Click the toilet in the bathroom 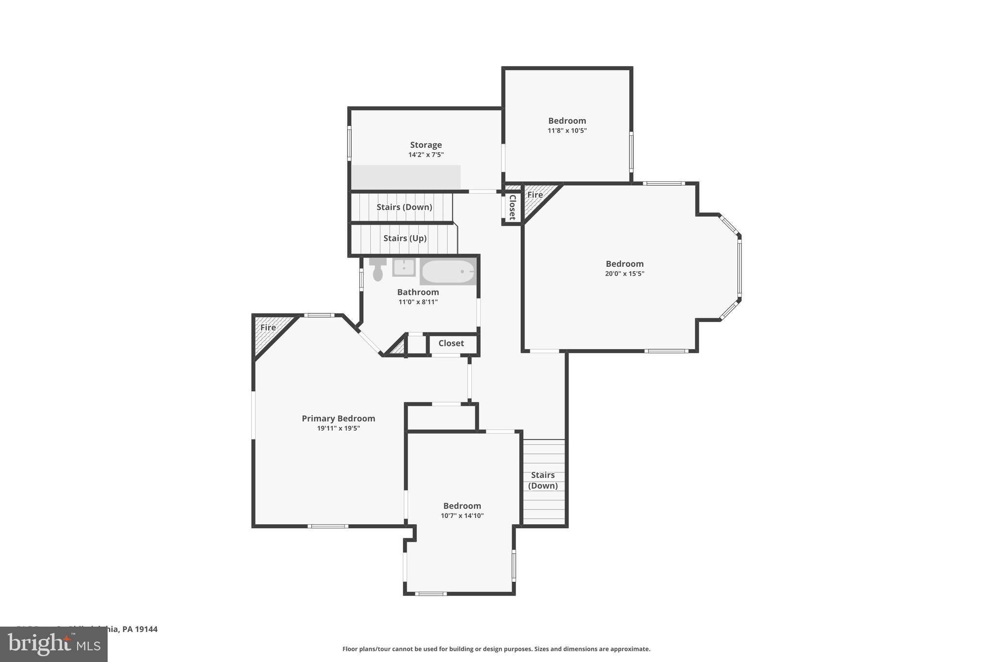click(x=378, y=271)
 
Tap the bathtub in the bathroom click(x=448, y=272)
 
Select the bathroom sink click(x=403, y=267)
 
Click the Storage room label click(x=426, y=145)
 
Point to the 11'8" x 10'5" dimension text click(x=567, y=130)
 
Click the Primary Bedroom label click(x=338, y=418)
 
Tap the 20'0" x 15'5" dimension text click(x=625, y=274)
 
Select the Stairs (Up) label click(x=405, y=238)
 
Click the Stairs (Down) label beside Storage click(x=404, y=207)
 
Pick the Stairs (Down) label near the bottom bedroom click(x=543, y=480)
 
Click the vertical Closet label click(x=512, y=207)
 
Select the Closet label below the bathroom click(x=451, y=343)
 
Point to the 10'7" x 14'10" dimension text click(x=462, y=516)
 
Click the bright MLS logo click(x=53, y=644)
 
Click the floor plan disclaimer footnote click(x=496, y=649)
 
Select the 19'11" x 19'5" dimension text click(x=338, y=428)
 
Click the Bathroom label click(x=417, y=292)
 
